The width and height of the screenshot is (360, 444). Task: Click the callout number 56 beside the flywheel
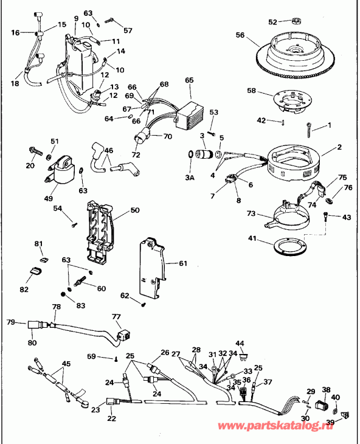pos(240,35)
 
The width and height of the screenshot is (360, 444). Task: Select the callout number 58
pos(251,91)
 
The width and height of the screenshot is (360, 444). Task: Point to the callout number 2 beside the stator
pos(339,147)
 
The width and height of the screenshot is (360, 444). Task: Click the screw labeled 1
pos(311,129)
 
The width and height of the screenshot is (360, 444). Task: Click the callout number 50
pos(134,211)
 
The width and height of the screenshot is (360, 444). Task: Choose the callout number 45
pos(66,364)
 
